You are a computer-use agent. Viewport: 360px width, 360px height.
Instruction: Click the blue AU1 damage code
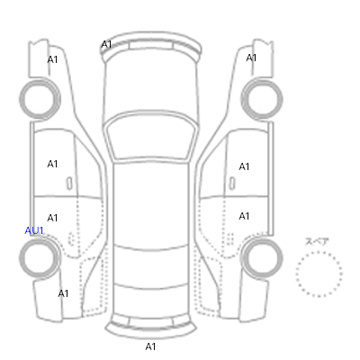coord(34,230)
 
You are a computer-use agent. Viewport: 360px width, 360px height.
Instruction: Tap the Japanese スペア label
coord(317,241)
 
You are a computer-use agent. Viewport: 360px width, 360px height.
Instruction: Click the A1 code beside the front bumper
coord(106,45)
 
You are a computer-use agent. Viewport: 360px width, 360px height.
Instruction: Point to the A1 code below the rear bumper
coord(150,346)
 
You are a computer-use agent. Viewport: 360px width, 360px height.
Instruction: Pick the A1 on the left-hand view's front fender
coord(52,59)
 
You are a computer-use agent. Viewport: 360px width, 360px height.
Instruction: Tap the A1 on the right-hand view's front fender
coord(251,58)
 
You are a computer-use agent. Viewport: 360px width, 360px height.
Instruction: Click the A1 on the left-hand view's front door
coord(52,164)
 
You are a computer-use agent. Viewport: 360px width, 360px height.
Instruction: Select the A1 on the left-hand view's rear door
coord(52,218)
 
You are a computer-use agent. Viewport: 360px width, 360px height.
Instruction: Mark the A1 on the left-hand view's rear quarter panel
coord(63,293)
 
